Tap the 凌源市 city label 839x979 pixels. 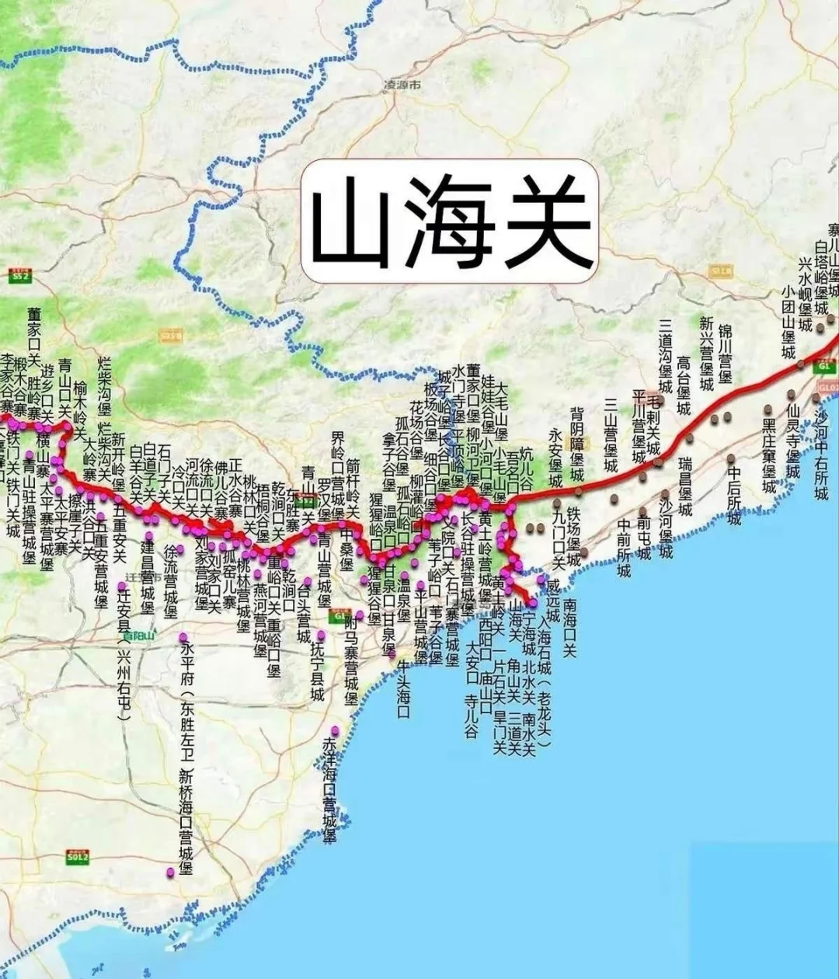click(402, 85)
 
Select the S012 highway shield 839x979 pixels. click(77, 858)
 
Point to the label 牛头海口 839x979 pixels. click(403, 688)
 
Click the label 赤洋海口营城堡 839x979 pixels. click(329, 789)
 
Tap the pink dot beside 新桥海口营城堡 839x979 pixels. click(170, 872)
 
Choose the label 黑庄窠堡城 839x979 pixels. click(768, 455)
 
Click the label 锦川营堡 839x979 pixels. click(725, 354)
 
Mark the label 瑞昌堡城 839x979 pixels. click(684, 486)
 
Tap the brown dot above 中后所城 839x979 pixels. click(732, 456)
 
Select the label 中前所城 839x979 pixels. click(624, 548)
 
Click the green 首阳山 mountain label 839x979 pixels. click(140, 636)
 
